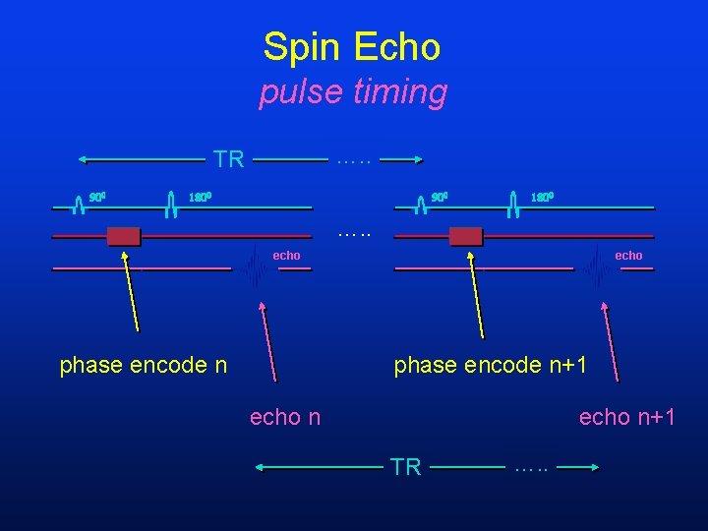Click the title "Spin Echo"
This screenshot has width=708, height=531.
pos(352,46)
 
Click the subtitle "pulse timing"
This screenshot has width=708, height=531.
pos(353,92)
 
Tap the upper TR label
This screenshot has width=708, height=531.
pos(229,159)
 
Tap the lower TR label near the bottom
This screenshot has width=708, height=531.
pos(405,467)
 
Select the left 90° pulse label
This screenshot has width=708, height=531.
pos(97,197)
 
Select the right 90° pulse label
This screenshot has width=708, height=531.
pos(440,197)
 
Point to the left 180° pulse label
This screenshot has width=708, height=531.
pos(200,197)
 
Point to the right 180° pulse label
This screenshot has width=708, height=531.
pos(542,197)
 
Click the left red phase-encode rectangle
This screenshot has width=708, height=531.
pos(124,236)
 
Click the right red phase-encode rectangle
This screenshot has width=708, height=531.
pos(466,236)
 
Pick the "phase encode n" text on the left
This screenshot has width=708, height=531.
pos(144,365)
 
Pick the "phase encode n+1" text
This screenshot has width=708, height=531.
pos(491,365)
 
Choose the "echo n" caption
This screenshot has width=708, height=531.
pos(285,417)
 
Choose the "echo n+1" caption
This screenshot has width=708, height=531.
pos(627,417)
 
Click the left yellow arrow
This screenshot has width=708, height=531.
pos(131,291)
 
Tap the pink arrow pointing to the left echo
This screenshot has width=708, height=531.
pos(268,339)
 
